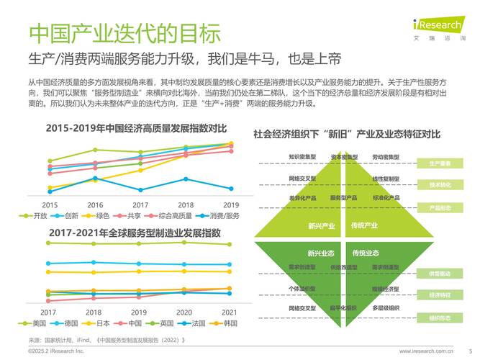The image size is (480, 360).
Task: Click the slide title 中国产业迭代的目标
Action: (x=124, y=32)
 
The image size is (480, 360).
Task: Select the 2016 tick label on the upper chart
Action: (x=95, y=205)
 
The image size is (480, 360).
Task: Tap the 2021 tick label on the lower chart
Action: (x=229, y=312)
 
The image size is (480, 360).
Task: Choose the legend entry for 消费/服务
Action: (x=220, y=216)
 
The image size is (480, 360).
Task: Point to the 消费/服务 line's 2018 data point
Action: (x=185, y=179)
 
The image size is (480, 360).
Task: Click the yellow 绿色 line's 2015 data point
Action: (x=50, y=188)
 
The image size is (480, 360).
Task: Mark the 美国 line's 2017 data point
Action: (x=49, y=243)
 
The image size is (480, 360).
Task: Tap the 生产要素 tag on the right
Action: (x=440, y=163)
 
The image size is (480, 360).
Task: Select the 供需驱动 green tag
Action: (x=440, y=274)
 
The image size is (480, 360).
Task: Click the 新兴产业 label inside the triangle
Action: (x=322, y=226)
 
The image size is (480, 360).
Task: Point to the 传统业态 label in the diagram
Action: (x=365, y=253)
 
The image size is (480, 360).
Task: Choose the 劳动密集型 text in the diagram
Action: (x=386, y=156)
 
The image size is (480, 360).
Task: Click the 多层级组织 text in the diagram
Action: (x=385, y=308)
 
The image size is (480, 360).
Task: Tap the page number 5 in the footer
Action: (x=470, y=351)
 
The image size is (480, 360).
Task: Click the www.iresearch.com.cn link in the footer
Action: (x=426, y=351)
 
